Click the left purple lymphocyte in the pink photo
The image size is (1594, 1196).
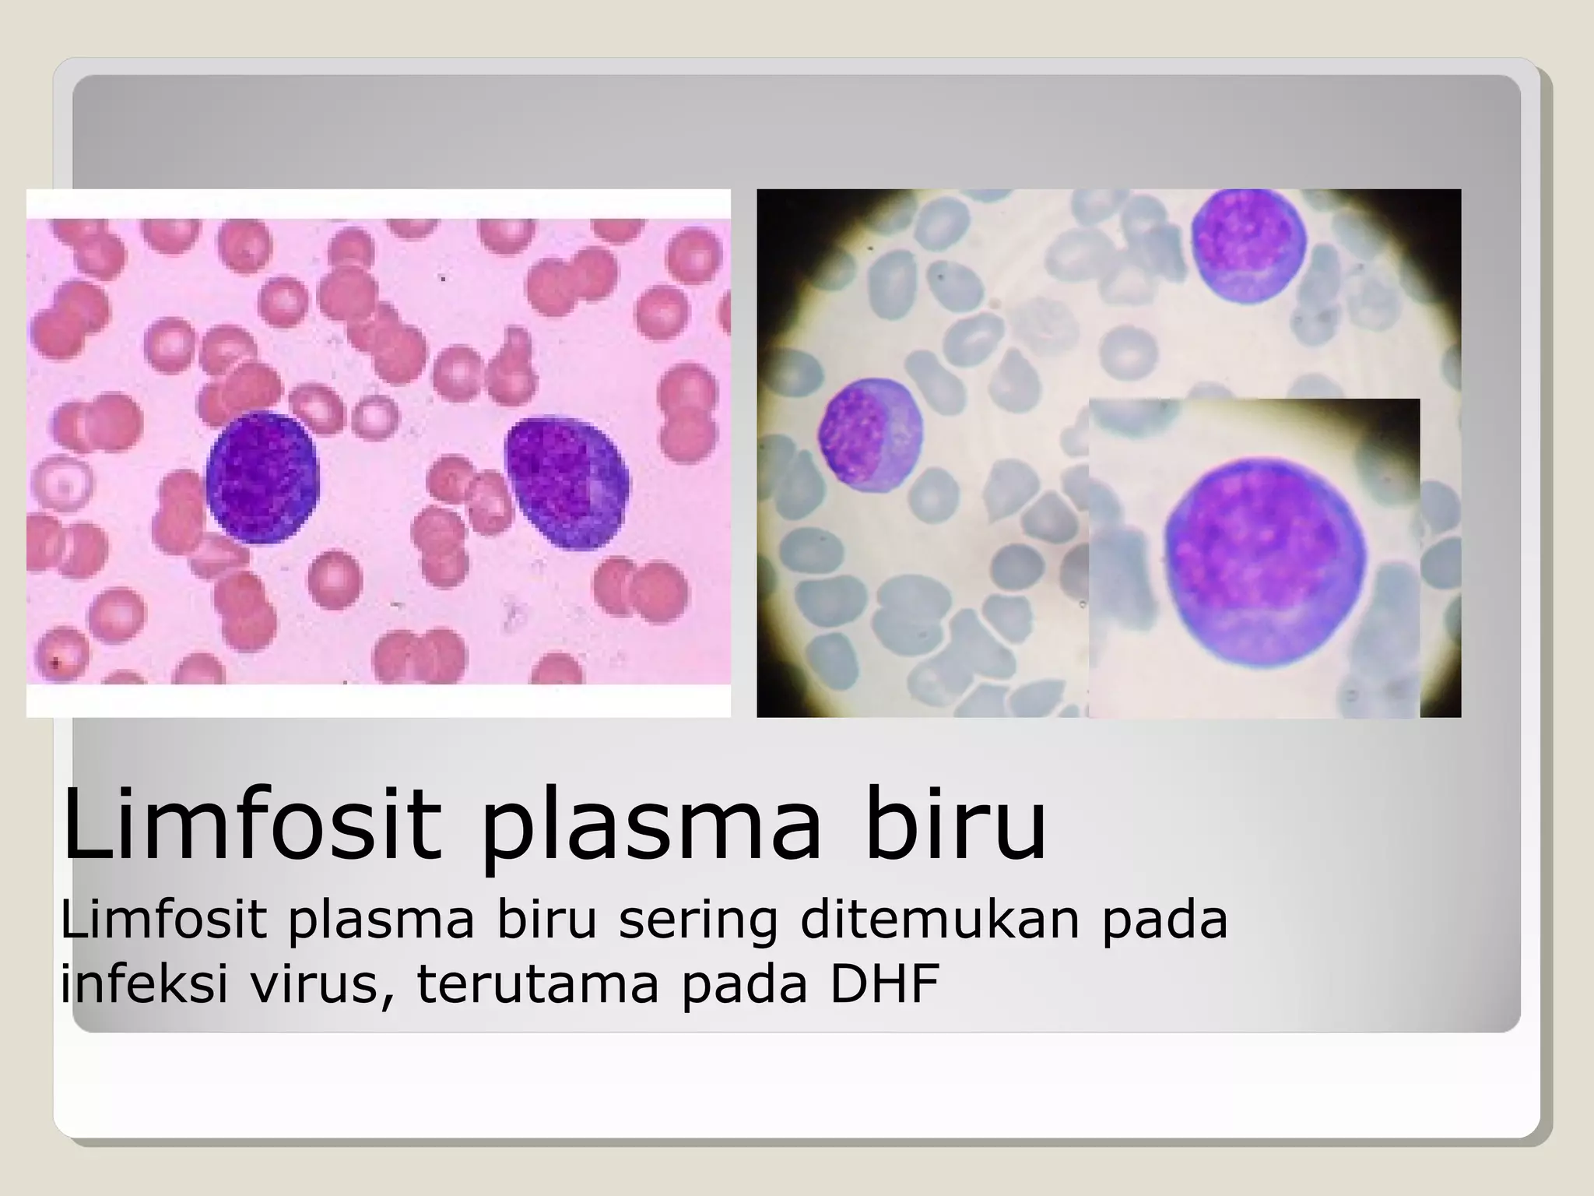point(263,477)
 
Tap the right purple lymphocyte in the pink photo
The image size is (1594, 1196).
point(567,484)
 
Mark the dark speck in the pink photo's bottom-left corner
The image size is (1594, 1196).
point(55,663)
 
